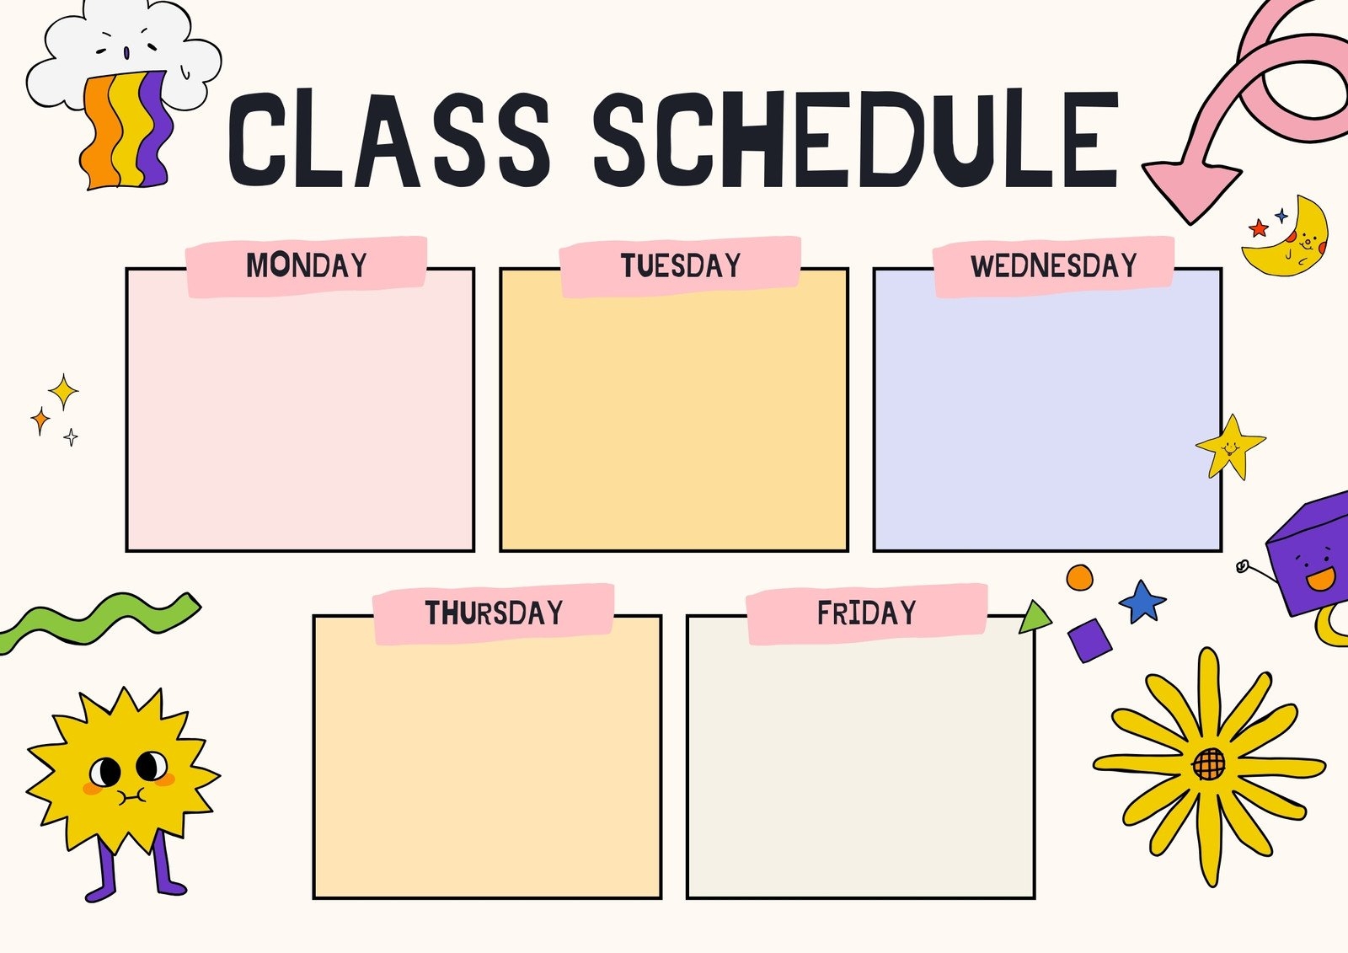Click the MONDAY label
point(307,265)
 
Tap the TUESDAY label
point(681,265)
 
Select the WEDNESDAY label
point(1054,265)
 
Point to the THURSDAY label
point(494,613)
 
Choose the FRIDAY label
point(866,613)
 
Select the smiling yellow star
point(1230,446)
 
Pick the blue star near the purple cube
point(1142,601)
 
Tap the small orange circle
point(1079,578)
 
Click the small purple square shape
point(1090,640)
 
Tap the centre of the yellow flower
point(1209,763)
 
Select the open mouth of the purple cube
point(1320,580)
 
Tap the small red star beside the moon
point(1259,228)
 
